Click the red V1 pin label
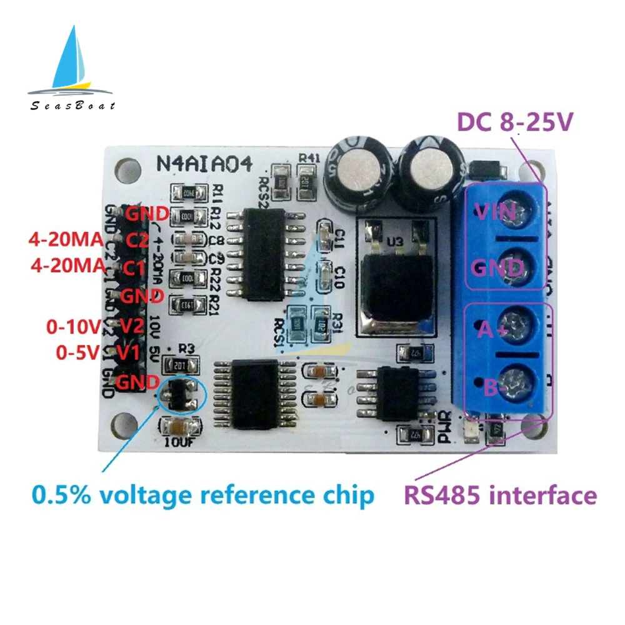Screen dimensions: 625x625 (x=128, y=353)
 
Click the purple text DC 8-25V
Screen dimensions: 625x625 (x=514, y=122)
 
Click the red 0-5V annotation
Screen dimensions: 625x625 (x=76, y=353)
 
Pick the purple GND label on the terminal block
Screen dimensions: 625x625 (x=497, y=268)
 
